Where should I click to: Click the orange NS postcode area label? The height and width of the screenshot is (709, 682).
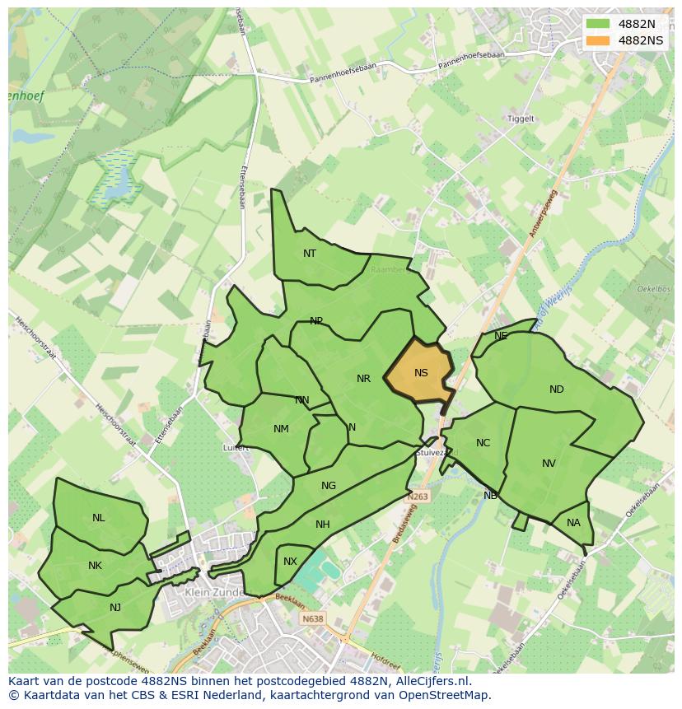[x=421, y=372]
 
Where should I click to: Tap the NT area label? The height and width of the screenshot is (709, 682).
[x=310, y=253]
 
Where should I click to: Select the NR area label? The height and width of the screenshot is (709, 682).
[x=363, y=379]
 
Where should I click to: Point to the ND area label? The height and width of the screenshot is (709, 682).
[x=557, y=389]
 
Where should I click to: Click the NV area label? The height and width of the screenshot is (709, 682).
[x=549, y=464]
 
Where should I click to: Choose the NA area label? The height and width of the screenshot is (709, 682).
[x=573, y=523]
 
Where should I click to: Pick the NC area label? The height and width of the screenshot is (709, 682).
[x=483, y=443]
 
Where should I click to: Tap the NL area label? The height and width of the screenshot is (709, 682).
[x=98, y=518]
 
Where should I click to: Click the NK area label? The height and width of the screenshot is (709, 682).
[x=95, y=566]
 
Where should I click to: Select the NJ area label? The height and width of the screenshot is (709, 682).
[x=115, y=608]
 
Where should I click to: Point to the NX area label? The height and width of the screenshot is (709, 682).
[x=290, y=562]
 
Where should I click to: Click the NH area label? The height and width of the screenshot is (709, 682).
[x=322, y=525]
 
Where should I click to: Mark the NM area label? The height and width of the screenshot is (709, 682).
[x=281, y=429]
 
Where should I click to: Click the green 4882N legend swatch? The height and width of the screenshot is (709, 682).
[x=597, y=24]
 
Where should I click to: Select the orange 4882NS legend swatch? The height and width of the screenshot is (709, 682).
[x=597, y=40]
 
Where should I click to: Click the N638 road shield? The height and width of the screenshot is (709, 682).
[x=312, y=618]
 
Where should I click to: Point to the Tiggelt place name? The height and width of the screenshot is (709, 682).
[x=521, y=119]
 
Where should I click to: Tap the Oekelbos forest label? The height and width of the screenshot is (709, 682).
[x=654, y=289]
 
